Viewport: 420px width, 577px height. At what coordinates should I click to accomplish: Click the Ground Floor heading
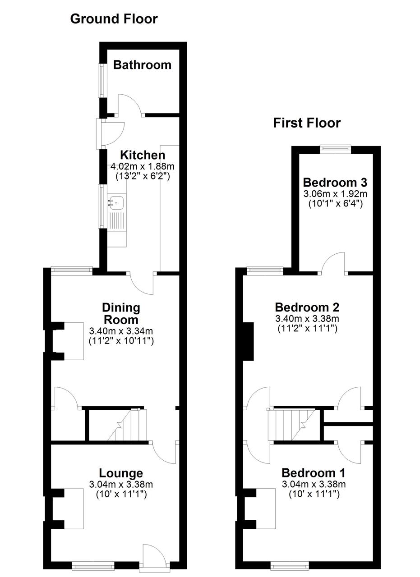pos(114,19)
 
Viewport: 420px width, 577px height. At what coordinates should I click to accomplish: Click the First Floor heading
pos(307,123)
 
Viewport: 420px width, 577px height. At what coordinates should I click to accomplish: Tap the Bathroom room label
pos(142,65)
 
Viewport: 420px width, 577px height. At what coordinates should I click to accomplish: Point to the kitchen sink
pos(117,202)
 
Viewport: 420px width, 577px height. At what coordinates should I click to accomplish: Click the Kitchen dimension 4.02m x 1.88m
pos(142,166)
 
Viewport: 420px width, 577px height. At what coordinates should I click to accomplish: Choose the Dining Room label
pos(121,314)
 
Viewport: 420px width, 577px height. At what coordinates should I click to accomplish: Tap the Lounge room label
pos(121,473)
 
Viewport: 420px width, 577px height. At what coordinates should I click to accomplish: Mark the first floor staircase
pos(292,425)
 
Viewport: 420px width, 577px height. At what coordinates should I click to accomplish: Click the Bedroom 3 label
pos(335,183)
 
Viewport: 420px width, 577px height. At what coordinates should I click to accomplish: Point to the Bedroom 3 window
pos(335,147)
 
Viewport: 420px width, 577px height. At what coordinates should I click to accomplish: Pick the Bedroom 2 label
pos(307,307)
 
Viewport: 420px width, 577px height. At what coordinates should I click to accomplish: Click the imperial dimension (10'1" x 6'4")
pos(335,204)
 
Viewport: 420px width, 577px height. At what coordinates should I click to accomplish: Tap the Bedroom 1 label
pos(314,473)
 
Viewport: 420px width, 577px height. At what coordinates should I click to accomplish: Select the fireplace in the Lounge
pos(70,509)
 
